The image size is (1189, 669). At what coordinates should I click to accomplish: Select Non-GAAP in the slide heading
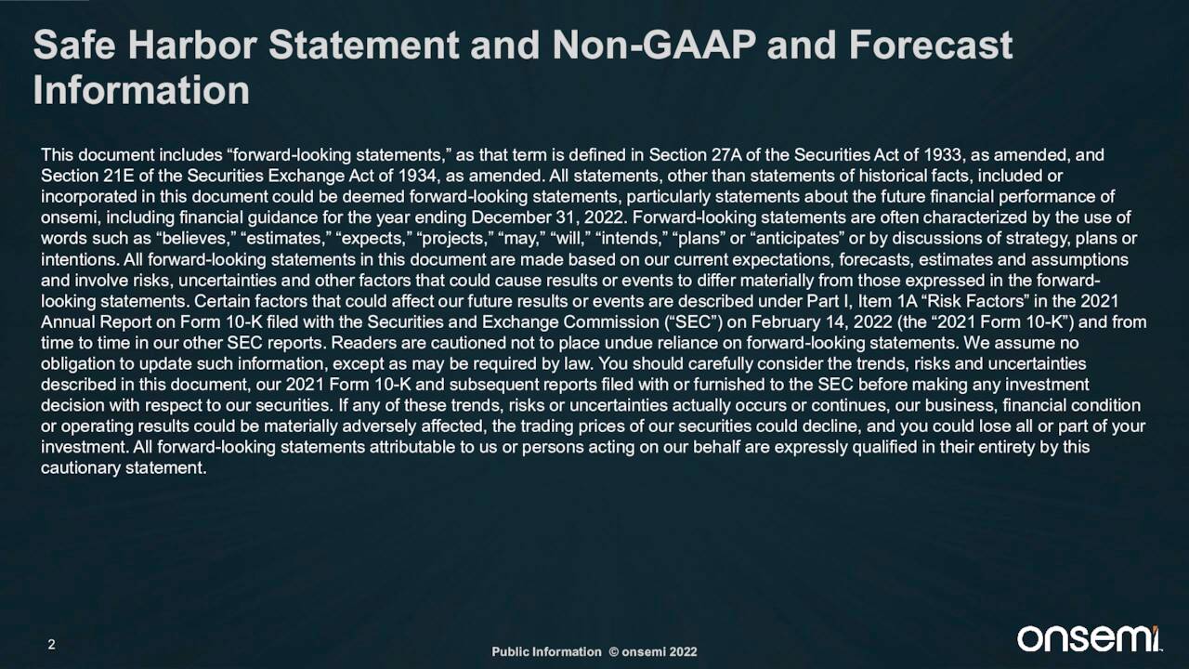[653, 45]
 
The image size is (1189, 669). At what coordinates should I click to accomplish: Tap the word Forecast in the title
[931, 45]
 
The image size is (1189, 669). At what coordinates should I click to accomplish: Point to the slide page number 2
[51, 645]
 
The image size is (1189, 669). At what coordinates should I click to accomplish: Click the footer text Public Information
[546, 651]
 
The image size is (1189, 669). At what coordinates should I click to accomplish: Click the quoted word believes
[196, 239]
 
